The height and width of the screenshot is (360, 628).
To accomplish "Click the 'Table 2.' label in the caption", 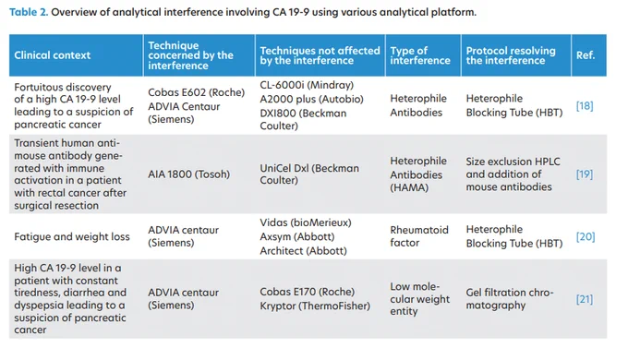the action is tap(29, 12).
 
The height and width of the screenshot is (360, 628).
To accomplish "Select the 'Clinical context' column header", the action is tap(52, 55).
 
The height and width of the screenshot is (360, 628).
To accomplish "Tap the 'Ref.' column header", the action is tap(586, 55).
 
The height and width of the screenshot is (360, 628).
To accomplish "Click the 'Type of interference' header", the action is tap(420, 55).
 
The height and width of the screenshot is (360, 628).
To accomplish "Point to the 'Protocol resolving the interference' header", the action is tap(511, 55).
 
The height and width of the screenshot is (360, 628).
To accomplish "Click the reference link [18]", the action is tap(585, 106).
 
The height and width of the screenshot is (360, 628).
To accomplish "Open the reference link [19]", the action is tap(585, 174).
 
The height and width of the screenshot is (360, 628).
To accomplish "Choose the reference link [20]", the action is tap(586, 236).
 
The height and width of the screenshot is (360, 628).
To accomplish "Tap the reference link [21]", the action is tap(585, 299).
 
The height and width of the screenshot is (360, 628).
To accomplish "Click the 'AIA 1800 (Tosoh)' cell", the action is tap(188, 174).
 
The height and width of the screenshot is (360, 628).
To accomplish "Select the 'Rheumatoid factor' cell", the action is tap(419, 236).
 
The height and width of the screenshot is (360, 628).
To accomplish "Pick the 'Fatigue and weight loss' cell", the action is tap(72, 236).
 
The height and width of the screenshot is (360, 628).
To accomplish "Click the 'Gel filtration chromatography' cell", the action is tap(510, 299).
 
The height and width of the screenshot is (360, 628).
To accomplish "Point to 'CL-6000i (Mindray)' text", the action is tap(307, 85).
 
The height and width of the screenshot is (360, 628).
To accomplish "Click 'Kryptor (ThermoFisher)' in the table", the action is tap(315, 306).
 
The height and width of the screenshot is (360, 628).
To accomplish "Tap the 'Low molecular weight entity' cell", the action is tap(419, 299).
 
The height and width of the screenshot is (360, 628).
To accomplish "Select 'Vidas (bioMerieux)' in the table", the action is tap(305, 222).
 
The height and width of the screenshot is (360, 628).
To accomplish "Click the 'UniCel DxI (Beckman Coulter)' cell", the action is tap(309, 174).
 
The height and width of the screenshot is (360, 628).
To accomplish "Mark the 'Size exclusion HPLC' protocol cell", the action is tap(513, 174).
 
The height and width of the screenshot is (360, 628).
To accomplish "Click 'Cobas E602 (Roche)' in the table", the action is tap(196, 92).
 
